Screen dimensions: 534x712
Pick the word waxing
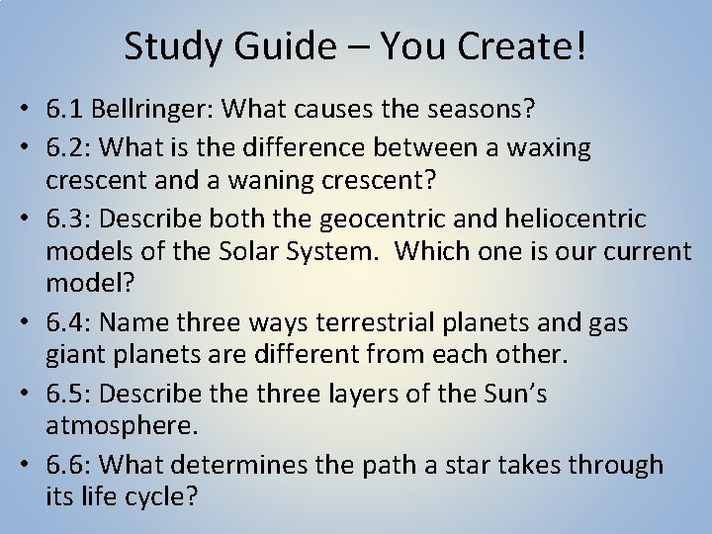(x=544, y=148)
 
